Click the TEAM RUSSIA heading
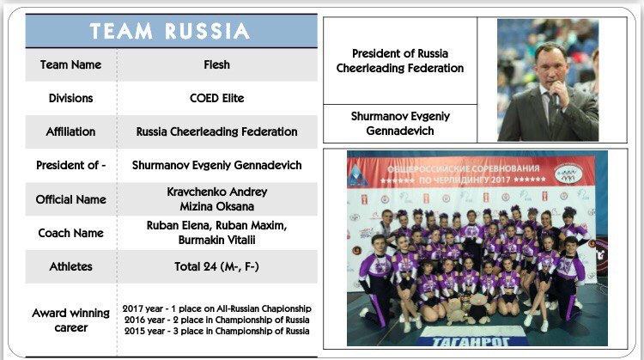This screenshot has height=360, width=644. coord(170,31)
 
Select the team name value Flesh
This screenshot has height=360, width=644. coord(217,64)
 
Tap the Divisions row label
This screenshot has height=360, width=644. coord(70,98)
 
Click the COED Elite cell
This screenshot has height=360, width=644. coord(217,98)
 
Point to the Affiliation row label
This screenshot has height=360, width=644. coord(70,131)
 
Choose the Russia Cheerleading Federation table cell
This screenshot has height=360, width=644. coord(217,131)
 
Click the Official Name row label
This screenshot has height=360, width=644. coord(70,199)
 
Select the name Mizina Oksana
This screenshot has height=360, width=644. coord(217,206)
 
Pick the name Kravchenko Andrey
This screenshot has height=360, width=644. coord(217,192)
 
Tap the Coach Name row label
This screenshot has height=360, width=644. coord(70,233)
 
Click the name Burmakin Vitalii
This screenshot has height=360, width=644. coord(217,240)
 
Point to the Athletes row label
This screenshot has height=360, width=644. coord(70,266)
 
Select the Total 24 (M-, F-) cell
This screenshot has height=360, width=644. coord(217,266)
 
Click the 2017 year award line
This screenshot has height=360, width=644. coord(217,308)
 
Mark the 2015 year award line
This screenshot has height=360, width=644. coord(217,331)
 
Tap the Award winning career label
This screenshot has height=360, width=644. coord(70,320)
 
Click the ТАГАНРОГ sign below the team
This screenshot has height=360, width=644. coord(471,341)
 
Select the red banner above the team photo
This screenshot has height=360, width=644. coord(471,173)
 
